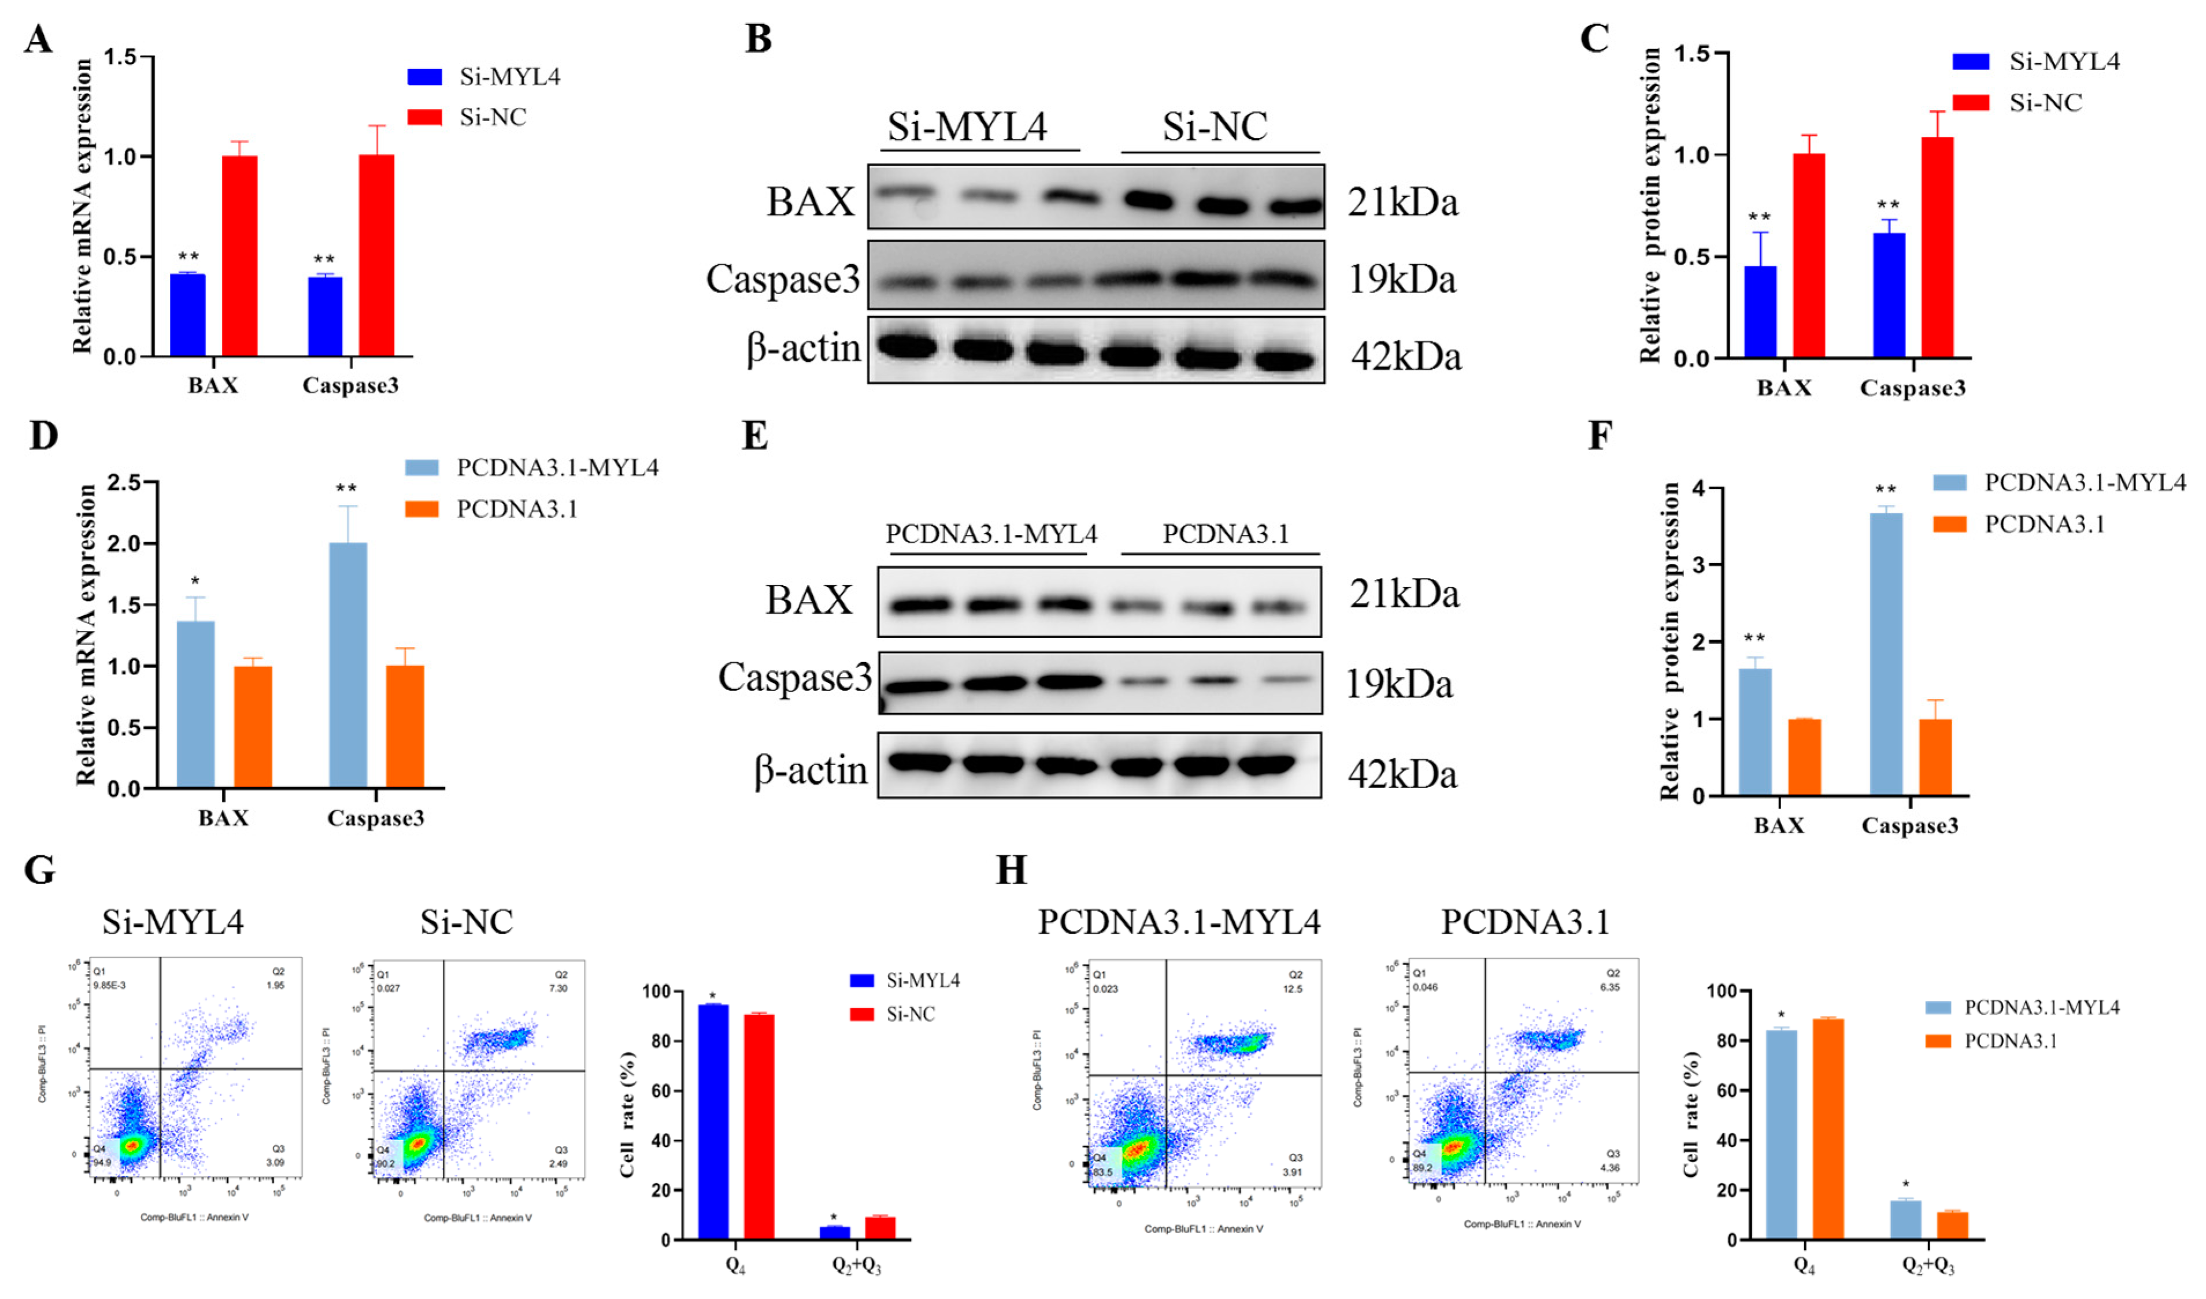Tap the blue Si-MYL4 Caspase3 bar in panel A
325,316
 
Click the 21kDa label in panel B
1402,203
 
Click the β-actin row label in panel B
803,349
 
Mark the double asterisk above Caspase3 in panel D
346,488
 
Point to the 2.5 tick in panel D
124,483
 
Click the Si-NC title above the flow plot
467,922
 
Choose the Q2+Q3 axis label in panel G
855,1265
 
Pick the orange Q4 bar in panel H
1829,1129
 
